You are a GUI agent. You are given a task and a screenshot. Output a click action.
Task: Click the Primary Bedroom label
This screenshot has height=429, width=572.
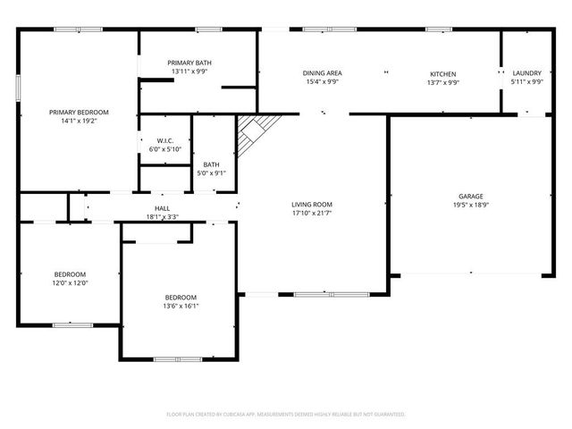[x=79, y=112]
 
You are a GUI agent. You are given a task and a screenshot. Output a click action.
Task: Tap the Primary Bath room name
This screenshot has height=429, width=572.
[x=189, y=63]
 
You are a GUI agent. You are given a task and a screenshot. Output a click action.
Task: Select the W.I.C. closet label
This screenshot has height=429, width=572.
[x=164, y=140]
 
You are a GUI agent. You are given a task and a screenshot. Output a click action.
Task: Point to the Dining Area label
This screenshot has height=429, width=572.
[x=323, y=73]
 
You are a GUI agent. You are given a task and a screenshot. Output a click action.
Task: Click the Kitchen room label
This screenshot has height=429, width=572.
[x=443, y=73]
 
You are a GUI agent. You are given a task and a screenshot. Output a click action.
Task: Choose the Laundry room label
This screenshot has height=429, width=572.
[x=526, y=73]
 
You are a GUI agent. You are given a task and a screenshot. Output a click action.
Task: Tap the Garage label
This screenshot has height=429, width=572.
[x=471, y=196]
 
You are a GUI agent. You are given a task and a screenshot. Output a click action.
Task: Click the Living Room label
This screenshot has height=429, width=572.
[x=312, y=205]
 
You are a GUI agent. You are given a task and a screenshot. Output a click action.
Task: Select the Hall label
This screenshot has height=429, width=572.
[x=162, y=208]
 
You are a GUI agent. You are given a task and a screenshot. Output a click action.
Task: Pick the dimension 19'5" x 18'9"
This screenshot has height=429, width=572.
[x=471, y=205]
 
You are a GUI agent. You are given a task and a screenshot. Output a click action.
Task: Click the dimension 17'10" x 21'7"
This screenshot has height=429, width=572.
[x=312, y=214]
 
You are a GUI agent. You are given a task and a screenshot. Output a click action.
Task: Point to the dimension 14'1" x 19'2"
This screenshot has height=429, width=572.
[x=79, y=121]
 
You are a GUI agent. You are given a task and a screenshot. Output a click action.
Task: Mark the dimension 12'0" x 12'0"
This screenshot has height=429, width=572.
[x=70, y=283]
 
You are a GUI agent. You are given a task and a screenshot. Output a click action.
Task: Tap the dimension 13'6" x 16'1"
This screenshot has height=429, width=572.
[x=181, y=306]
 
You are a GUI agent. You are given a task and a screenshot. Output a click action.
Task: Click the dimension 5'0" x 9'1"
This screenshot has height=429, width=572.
[x=212, y=173]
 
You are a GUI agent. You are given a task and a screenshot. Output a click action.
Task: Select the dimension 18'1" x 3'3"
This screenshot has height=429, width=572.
[x=162, y=216]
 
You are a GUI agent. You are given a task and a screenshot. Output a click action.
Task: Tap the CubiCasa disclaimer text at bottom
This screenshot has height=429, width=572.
[x=286, y=415]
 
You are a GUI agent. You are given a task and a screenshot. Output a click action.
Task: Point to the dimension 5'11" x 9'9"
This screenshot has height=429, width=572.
[x=526, y=82]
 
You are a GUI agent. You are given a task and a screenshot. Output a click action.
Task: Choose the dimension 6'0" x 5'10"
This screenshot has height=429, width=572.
[x=164, y=149]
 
